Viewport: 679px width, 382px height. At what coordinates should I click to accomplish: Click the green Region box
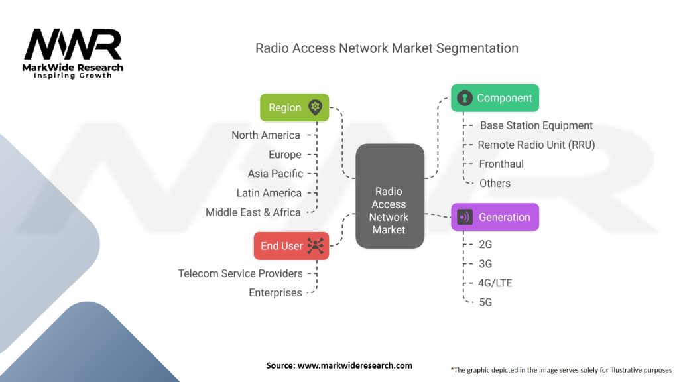click(x=294, y=107)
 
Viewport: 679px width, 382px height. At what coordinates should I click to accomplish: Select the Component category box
click(x=495, y=98)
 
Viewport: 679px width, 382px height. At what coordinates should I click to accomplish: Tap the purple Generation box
click(x=495, y=217)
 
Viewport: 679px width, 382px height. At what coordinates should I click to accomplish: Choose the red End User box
click(x=292, y=246)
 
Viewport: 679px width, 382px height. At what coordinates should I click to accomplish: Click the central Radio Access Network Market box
click(x=390, y=196)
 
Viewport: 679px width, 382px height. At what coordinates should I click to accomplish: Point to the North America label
click(x=266, y=135)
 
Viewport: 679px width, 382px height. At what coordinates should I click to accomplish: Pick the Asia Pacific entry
click(x=275, y=174)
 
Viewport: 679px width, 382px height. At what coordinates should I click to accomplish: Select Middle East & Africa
click(x=253, y=212)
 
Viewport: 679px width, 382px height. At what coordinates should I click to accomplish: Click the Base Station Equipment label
click(x=536, y=125)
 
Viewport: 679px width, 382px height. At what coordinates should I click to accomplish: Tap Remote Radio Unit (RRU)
click(x=536, y=145)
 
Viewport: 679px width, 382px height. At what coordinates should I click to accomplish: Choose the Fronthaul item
click(x=501, y=164)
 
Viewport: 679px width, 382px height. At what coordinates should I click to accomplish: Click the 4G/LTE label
click(x=495, y=283)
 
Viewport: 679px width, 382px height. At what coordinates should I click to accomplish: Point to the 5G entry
click(x=485, y=302)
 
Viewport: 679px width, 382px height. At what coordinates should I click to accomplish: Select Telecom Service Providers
click(x=240, y=273)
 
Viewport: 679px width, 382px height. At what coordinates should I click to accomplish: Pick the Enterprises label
click(x=275, y=292)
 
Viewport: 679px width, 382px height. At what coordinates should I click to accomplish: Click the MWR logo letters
click(x=73, y=44)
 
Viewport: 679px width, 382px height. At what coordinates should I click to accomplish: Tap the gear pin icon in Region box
click(x=315, y=107)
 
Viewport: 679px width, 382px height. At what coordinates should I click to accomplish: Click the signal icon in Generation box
click(x=465, y=217)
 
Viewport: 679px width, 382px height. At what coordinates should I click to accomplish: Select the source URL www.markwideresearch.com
click(x=355, y=365)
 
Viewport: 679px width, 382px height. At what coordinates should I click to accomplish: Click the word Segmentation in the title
click(x=477, y=48)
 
